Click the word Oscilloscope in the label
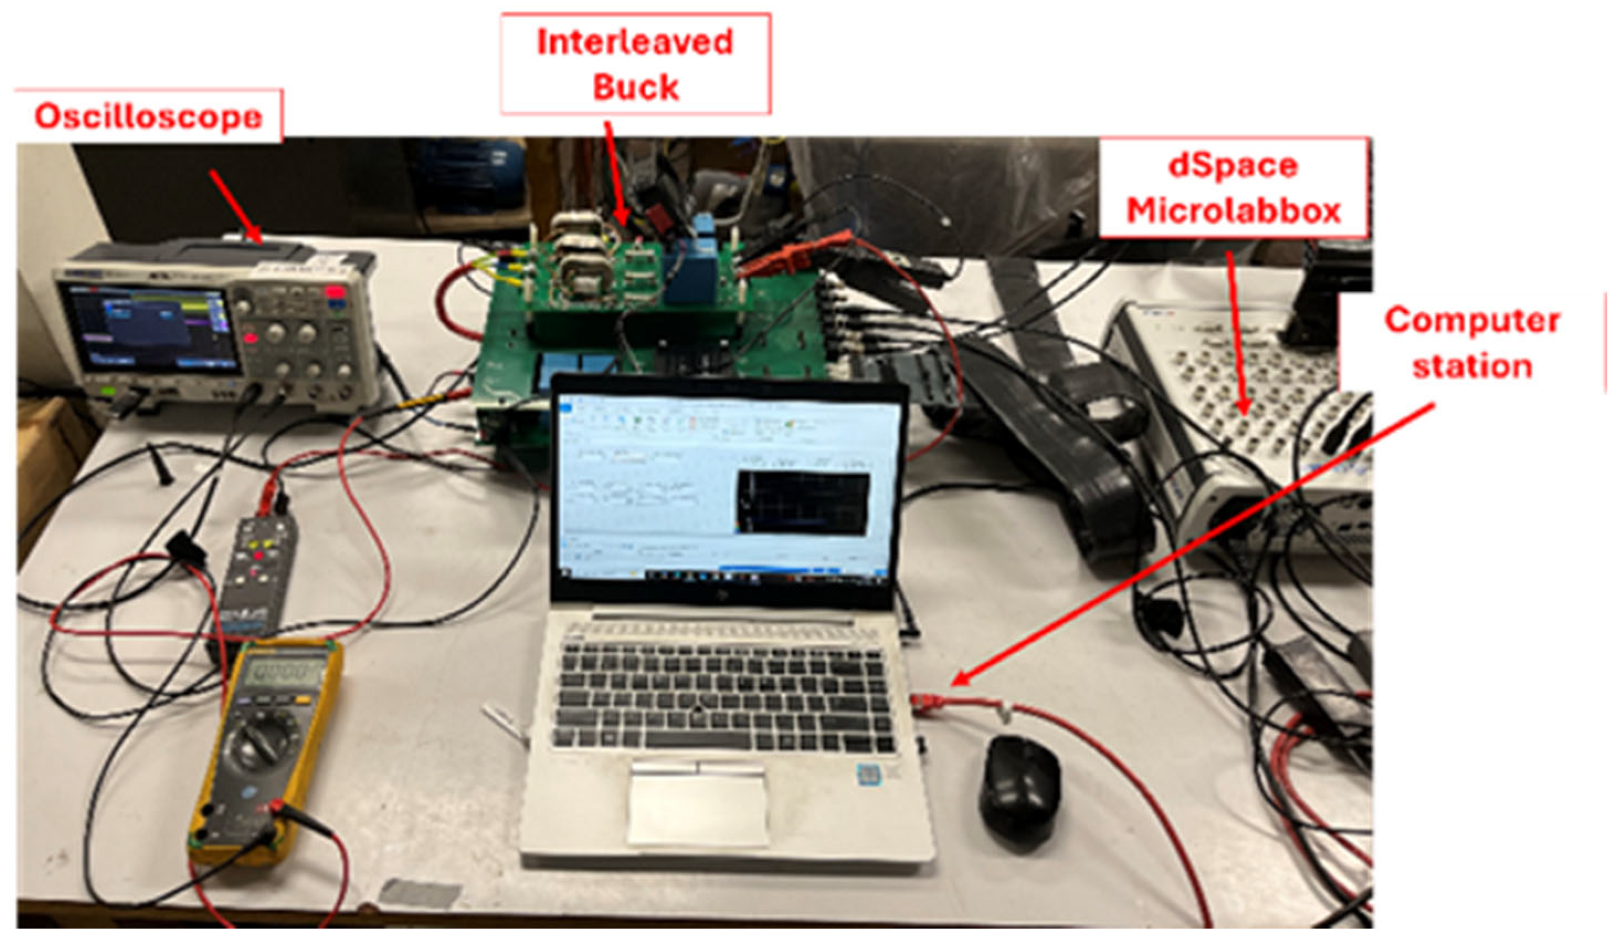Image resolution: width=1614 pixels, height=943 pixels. (x=148, y=117)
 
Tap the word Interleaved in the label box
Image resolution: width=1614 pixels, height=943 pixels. (x=634, y=43)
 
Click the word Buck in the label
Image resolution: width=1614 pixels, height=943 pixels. (x=634, y=87)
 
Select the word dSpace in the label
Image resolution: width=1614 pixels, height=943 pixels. (x=1233, y=166)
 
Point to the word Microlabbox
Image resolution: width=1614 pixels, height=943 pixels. (x=1233, y=211)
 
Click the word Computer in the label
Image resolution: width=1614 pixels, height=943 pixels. (x=1471, y=320)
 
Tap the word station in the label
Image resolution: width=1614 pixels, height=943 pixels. (x=1472, y=366)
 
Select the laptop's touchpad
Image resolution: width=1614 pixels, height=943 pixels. (x=698, y=804)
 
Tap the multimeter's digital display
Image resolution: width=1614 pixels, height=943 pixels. (x=285, y=673)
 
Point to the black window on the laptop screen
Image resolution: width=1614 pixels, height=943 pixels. (x=802, y=503)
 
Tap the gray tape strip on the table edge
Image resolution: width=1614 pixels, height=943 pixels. (x=419, y=893)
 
